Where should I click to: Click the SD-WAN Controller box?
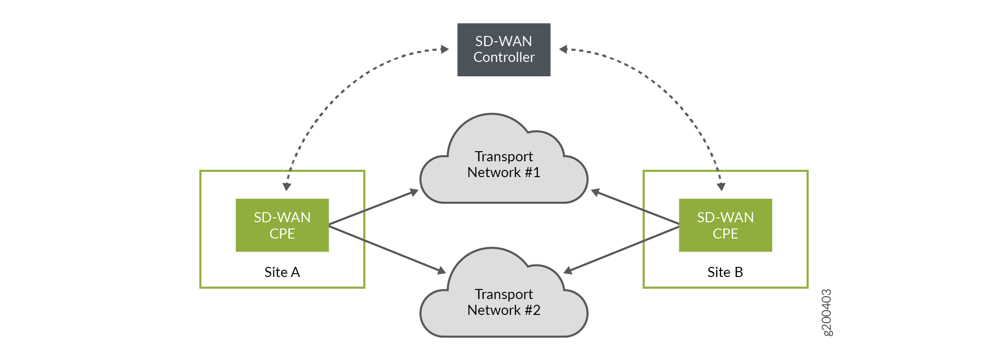point(503,49)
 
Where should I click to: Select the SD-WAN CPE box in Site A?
point(282,225)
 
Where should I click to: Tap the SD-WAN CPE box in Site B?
point(725,225)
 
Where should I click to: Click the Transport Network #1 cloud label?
point(503,164)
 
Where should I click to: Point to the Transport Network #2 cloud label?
point(503,302)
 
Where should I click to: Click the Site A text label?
point(282,272)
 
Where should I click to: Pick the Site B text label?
point(725,272)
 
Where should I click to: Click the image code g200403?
point(827,312)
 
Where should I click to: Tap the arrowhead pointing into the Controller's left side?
point(444,49)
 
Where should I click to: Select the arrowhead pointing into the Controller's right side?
point(564,49)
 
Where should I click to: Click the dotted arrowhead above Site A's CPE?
point(287,186)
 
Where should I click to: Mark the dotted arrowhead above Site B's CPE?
point(721,186)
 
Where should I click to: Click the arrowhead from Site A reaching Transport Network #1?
point(414,192)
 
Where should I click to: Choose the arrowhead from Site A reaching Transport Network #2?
point(441,271)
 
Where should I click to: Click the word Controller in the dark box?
point(504,58)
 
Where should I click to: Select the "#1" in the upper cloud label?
point(533,172)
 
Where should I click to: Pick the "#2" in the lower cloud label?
point(533,310)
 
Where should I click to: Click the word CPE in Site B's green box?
point(725,234)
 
